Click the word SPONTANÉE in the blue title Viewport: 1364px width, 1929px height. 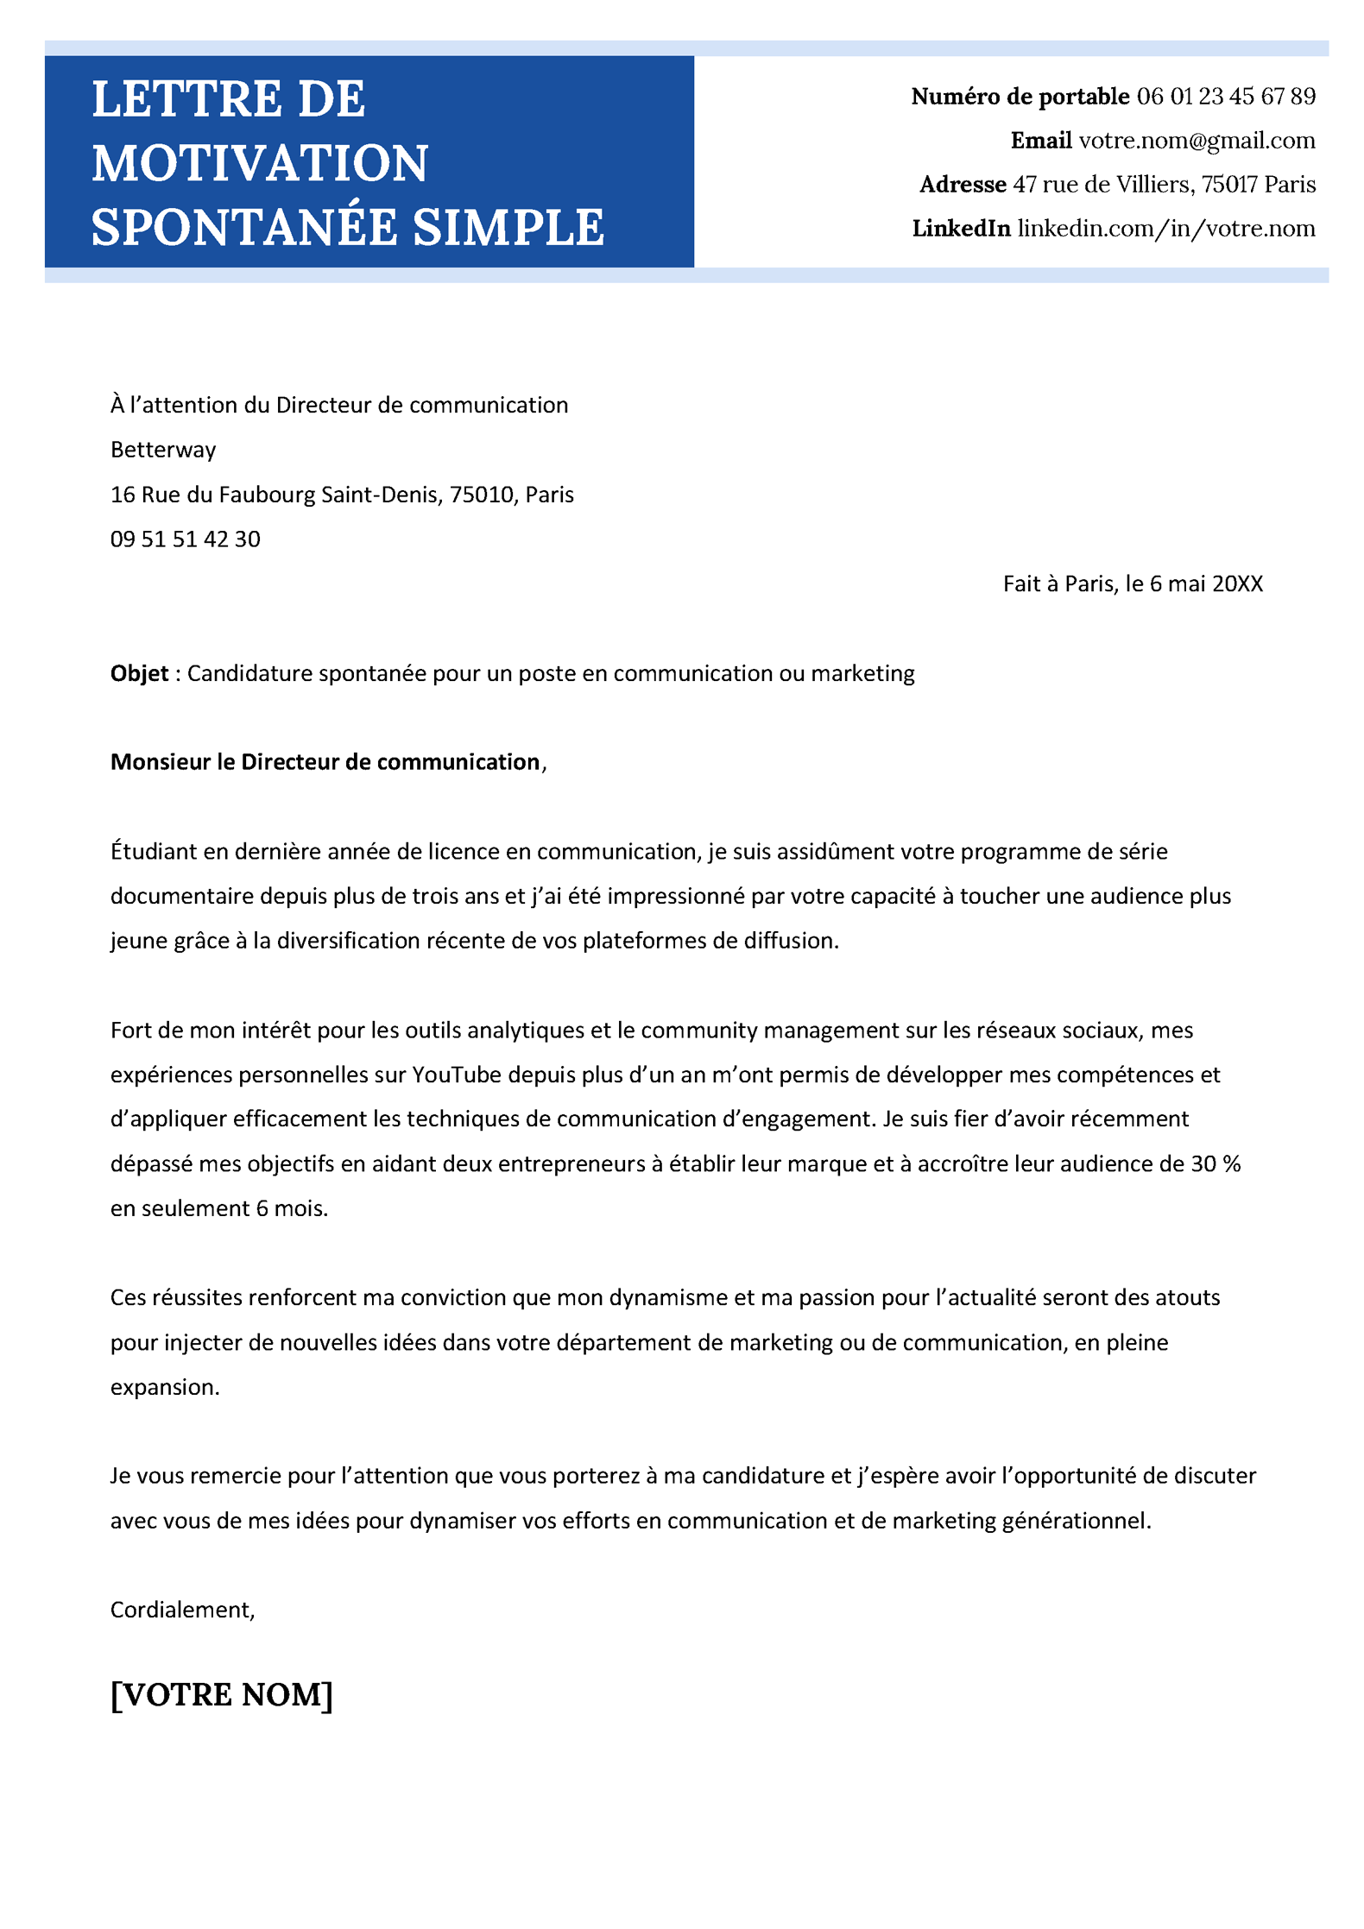[244, 227]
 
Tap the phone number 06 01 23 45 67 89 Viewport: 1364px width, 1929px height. [1225, 97]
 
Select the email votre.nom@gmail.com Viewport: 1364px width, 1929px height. [1197, 141]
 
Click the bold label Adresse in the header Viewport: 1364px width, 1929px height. [963, 185]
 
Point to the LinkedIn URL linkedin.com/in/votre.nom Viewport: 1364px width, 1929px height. [1165, 229]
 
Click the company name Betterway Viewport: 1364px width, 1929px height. [163, 450]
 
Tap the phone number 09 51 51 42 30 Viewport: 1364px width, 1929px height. [185, 539]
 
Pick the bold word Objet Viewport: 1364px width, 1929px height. [139, 673]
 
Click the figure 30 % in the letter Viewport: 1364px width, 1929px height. [1216, 1164]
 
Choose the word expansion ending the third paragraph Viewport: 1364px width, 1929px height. [164, 1387]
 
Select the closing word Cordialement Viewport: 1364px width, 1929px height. [181, 1610]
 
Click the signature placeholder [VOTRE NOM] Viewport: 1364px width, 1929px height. [222, 1694]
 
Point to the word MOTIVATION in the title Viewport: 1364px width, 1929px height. [260, 163]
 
